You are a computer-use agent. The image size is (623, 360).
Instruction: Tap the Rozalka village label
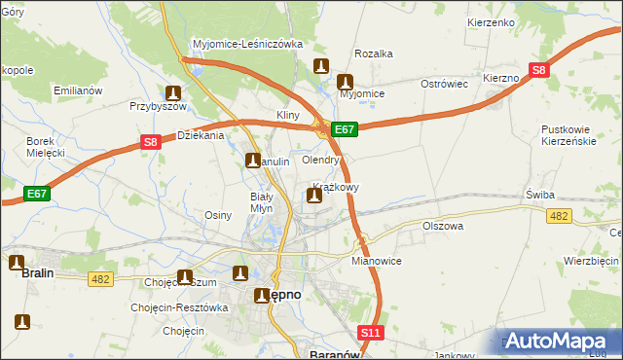[373, 54]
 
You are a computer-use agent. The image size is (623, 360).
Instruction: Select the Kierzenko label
[490, 20]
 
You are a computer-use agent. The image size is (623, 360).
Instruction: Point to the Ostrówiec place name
[445, 84]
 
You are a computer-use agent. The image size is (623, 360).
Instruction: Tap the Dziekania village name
[202, 136]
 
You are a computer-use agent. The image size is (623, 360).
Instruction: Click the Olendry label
[320, 160]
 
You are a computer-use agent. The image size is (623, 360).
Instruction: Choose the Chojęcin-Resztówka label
[179, 307]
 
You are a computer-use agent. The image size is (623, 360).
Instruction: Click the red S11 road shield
[370, 333]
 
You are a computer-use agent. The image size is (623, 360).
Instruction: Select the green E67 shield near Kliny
[346, 128]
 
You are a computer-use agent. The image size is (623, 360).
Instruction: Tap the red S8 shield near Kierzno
[538, 69]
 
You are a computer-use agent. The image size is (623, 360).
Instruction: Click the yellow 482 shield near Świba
[559, 216]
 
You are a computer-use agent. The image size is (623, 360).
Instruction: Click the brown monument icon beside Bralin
[17, 262]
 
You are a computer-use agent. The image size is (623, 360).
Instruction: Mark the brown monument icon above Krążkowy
[313, 197]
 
